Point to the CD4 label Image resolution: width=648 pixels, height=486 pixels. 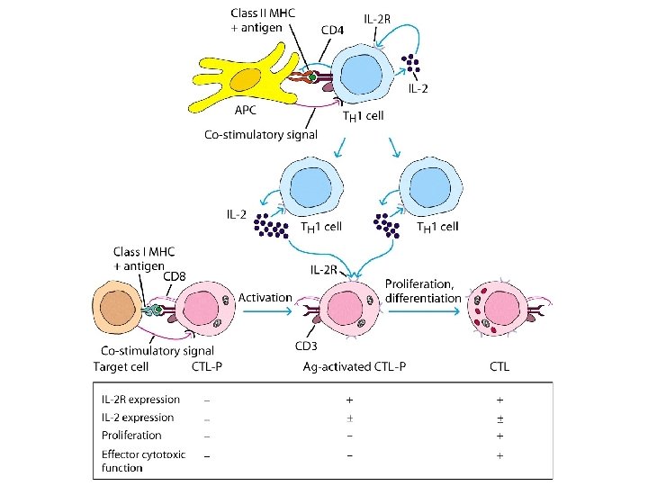(x=333, y=30)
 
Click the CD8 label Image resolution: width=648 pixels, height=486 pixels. (x=175, y=276)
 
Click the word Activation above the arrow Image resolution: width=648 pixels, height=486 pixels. (x=265, y=297)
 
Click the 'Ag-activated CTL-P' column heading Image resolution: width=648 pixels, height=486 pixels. (x=349, y=367)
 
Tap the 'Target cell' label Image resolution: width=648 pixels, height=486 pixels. (x=122, y=367)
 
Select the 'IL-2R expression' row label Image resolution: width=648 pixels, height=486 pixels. (x=142, y=399)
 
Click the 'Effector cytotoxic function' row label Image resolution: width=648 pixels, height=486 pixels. (x=144, y=461)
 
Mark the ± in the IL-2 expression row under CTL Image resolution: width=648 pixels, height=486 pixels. (x=499, y=418)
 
